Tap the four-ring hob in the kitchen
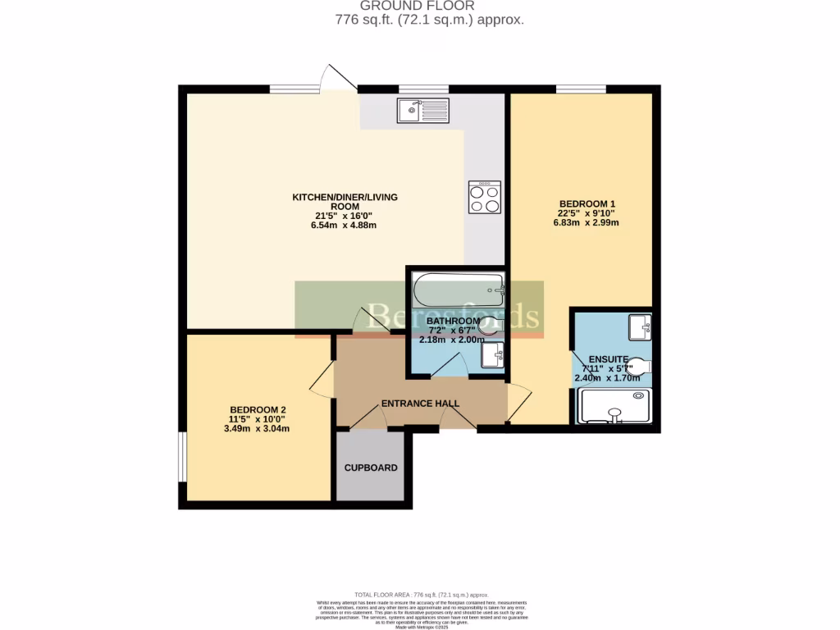484,197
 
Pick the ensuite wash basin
639,326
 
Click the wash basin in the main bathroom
492,355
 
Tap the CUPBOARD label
371,468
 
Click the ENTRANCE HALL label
420,404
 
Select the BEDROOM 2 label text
258,409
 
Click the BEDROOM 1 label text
587,203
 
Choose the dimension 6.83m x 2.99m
587,222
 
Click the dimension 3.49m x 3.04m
258,428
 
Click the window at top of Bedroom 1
581,89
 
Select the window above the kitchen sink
423,89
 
